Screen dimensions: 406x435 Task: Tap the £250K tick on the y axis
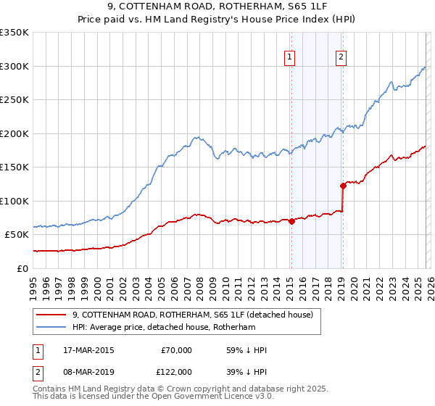(x=14, y=99)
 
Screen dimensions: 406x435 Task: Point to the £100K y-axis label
(x=14, y=201)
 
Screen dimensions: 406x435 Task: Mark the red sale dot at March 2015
(x=291, y=221)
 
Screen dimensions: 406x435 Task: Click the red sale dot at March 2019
(x=342, y=186)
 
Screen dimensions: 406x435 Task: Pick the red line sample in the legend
(x=52, y=315)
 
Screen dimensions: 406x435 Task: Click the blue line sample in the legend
(x=52, y=328)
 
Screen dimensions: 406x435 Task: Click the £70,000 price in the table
(x=176, y=350)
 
